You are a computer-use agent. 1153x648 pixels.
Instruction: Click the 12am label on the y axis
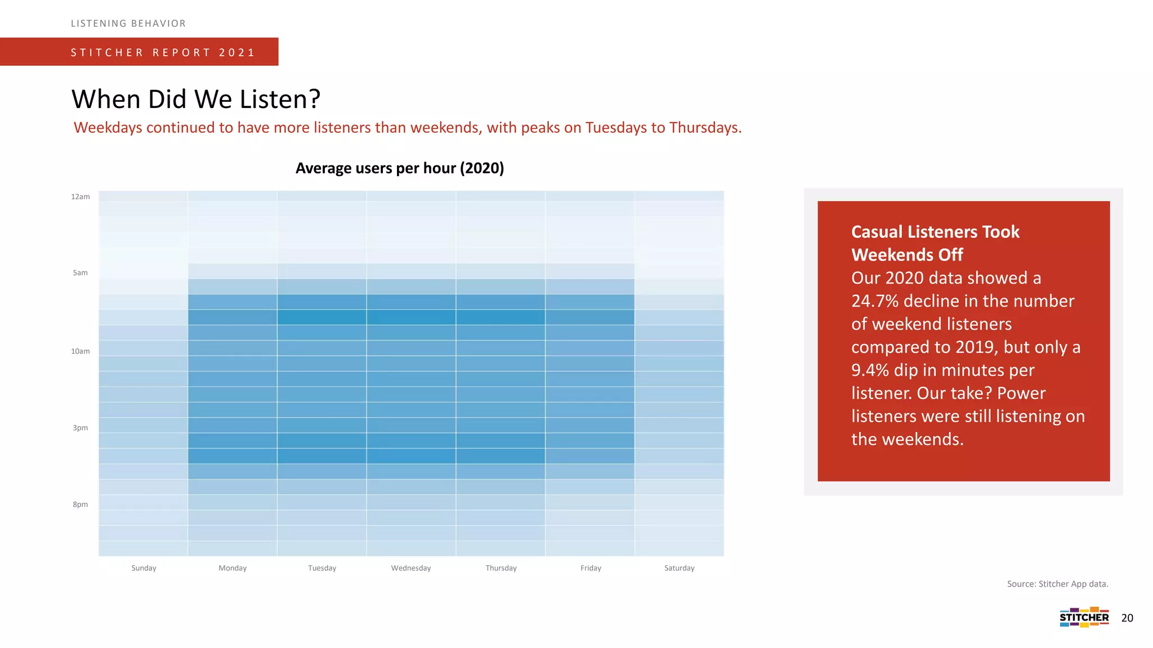[x=81, y=197]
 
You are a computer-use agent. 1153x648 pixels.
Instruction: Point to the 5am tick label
[x=81, y=273]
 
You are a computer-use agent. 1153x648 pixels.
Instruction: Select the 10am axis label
[x=81, y=352]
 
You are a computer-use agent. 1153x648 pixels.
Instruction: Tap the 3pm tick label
[x=81, y=428]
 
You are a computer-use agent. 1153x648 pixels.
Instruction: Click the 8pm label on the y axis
[x=81, y=505]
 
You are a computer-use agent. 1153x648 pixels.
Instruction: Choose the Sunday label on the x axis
[x=144, y=568]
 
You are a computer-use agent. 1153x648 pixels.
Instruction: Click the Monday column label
[x=233, y=568]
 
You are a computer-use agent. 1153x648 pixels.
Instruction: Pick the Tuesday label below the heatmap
[x=322, y=568]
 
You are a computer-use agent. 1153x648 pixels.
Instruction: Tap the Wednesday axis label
[x=411, y=568]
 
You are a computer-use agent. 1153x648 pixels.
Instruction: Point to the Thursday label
[x=501, y=568]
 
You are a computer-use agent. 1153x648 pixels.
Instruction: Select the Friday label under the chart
[x=591, y=568]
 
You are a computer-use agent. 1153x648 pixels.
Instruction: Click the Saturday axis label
[x=680, y=568]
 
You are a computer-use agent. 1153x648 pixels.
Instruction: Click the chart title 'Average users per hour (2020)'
[x=400, y=168]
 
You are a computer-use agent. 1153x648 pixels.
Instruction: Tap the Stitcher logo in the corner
[x=1084, y=617]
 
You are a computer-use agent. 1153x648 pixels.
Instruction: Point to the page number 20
[x=1127, y=618]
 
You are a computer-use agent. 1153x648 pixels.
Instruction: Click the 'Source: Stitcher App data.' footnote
[x=1057, y=584]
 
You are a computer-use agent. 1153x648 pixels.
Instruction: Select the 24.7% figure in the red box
[x=874, y=301]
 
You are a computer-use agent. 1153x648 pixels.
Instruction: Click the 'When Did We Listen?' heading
[x=196, y=100]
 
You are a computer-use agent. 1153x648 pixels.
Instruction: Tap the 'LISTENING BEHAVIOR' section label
[x=128, y=24]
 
